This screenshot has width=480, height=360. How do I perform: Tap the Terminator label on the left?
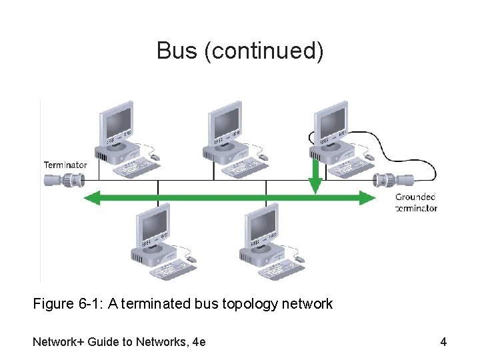(65, 165)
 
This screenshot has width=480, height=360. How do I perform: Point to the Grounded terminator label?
(416, 202)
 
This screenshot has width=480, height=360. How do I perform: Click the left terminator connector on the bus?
(63, 180)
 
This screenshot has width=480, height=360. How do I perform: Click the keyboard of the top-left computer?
(136, 168)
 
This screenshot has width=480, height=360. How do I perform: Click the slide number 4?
(443, 343)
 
